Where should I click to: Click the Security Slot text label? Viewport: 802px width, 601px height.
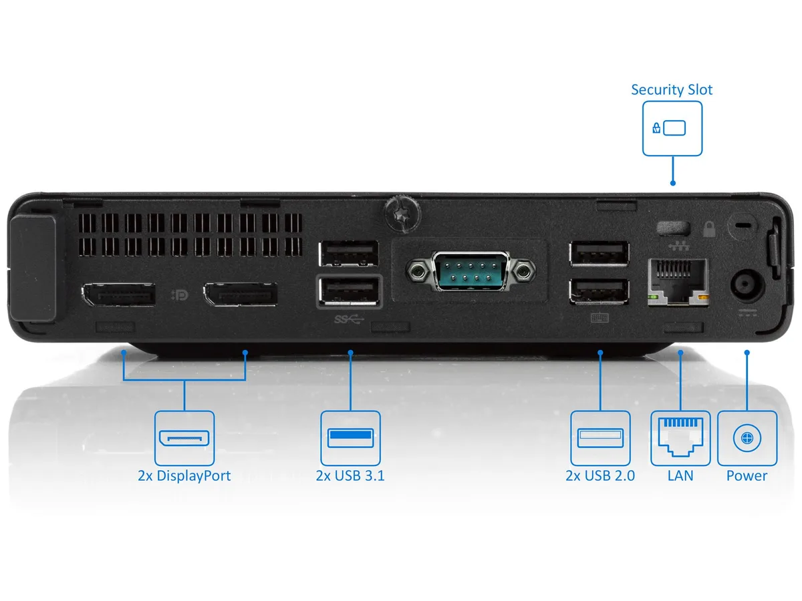(x=672, y=89)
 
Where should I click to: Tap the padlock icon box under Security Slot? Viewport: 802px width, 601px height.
(x=672, y=128)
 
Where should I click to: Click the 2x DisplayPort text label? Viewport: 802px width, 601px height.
(x=184, y=476)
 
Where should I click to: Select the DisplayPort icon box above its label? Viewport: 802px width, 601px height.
(x=184, y=438)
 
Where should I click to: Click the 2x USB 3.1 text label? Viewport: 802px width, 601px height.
(x=350, y=476)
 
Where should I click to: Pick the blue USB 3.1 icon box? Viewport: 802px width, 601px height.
(x=350, y=438)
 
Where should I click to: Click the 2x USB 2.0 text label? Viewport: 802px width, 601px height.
(x=600, y=476)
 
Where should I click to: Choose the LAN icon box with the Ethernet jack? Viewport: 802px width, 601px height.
(x=680, y=438)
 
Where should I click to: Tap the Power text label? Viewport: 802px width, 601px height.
(x=747, y=476)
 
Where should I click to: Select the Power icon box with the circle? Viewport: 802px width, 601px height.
(x=747, y=438)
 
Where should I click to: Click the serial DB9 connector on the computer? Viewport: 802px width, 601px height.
(x=471, y=270)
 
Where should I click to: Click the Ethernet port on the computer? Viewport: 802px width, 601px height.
(x=678, y=282)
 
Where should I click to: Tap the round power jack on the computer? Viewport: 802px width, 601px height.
(x=747, y=286)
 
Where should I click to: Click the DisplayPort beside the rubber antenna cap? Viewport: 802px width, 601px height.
(x=119, y=294)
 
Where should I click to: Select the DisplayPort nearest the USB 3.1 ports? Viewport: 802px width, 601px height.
(x=241, y=294)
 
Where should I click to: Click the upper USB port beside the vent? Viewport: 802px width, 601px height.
(x=349, y=254)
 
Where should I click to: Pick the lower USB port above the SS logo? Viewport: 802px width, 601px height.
(x=350, y=291)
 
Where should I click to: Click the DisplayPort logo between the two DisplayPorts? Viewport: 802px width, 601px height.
(x=180, y=295)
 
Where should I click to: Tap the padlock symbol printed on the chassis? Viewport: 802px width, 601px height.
(x=709, y=229)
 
